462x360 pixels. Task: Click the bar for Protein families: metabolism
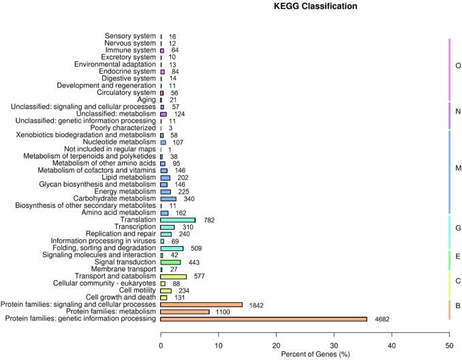185,312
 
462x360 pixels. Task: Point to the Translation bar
178,220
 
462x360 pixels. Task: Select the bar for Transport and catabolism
173,276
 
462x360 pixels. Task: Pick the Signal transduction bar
170,262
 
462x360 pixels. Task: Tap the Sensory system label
131,35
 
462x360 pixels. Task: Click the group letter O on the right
457,67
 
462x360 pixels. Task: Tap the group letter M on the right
457,168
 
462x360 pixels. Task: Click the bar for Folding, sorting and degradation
172,248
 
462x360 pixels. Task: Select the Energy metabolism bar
166,192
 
